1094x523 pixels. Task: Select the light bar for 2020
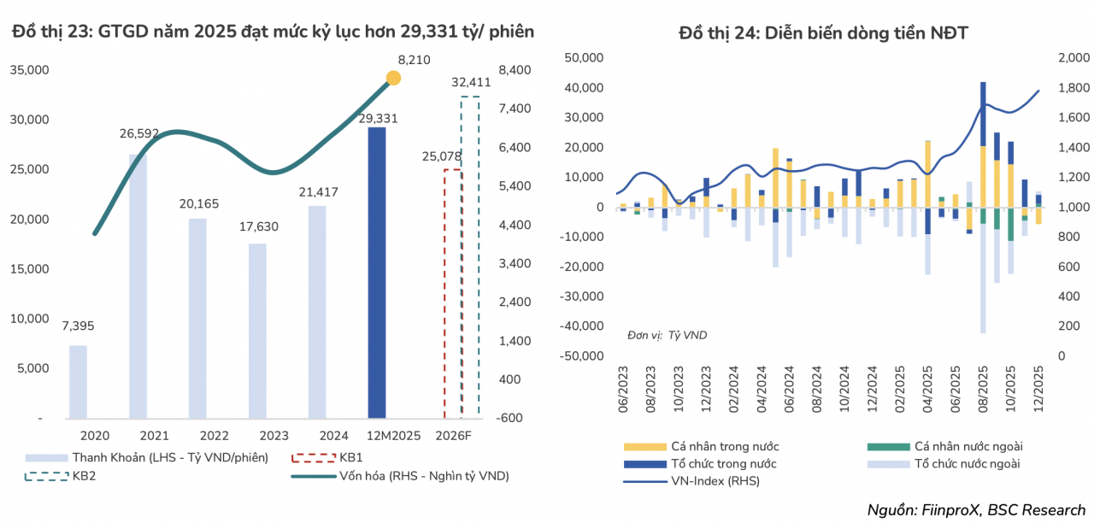78,381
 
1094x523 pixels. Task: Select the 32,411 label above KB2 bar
470,83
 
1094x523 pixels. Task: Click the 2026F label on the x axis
461,436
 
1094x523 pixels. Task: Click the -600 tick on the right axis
511,418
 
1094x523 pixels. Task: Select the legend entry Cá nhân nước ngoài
968,446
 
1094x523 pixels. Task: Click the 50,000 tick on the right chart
585,57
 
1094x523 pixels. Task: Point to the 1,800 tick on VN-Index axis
1073,87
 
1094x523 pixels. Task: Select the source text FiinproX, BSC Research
976,510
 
